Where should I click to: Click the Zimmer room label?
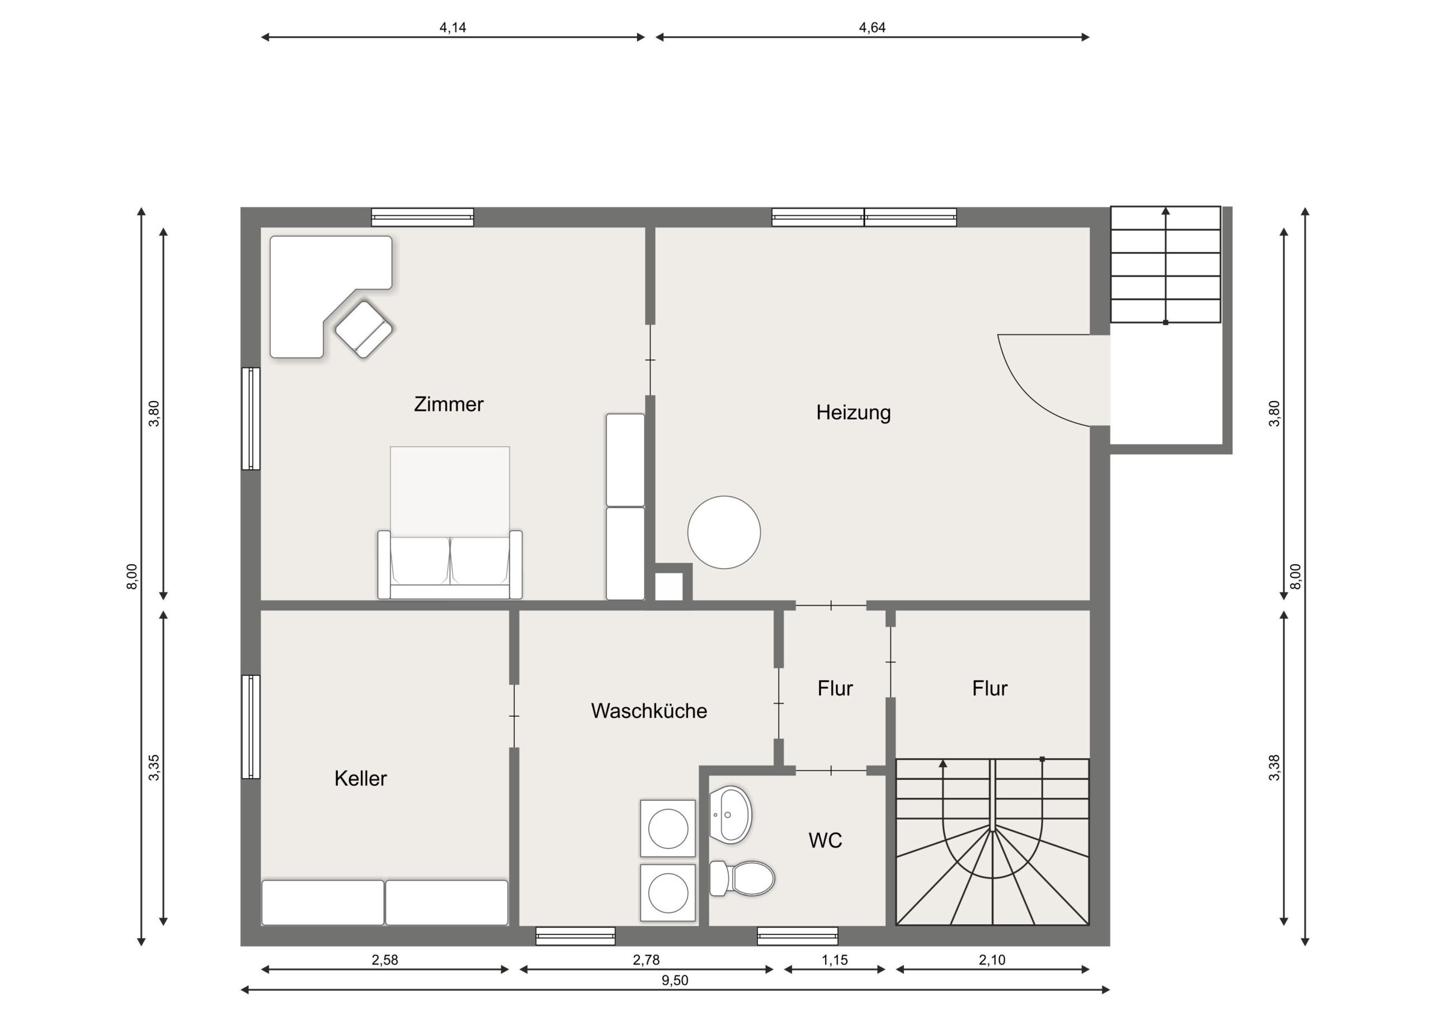[449, 404]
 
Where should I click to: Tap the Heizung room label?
[853, 412]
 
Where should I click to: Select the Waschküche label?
[649, 711]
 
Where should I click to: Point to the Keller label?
[360, 778]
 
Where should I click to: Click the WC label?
[825, 840]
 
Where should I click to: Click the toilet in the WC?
[742, 878]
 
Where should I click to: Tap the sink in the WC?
[731, 815]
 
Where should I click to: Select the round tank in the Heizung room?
[724, 532]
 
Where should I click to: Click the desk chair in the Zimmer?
[364, 329]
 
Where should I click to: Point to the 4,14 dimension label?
[453, 27]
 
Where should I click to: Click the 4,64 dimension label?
[872, 27]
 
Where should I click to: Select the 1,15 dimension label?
[835, 960]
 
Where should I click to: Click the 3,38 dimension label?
[1274, 768]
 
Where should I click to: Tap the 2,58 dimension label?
[385, 960]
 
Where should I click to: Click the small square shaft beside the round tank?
[668, 587]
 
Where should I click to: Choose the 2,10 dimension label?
[992, 960]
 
